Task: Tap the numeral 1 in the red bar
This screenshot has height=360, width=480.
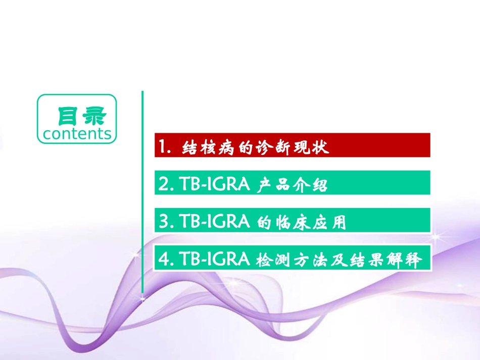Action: pyautogui.click(x=162, y=147)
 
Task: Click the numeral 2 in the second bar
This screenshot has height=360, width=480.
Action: pyautogui.click(x=163, y=185)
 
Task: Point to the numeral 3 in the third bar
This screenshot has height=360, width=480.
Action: pyautogui.click(x=163, y=222)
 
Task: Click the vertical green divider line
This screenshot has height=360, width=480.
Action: pyautogui.click(x=142, y=192)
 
